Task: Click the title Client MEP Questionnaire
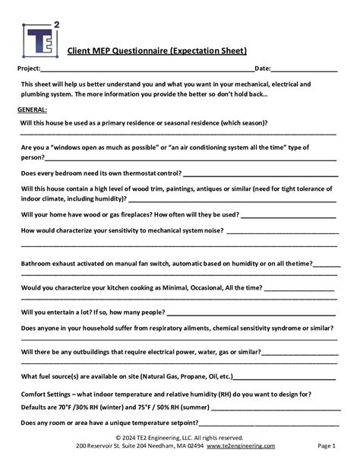[x=157, y=52]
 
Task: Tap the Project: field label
[x=30, y=69]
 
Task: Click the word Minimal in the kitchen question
[x=171, y=287]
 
